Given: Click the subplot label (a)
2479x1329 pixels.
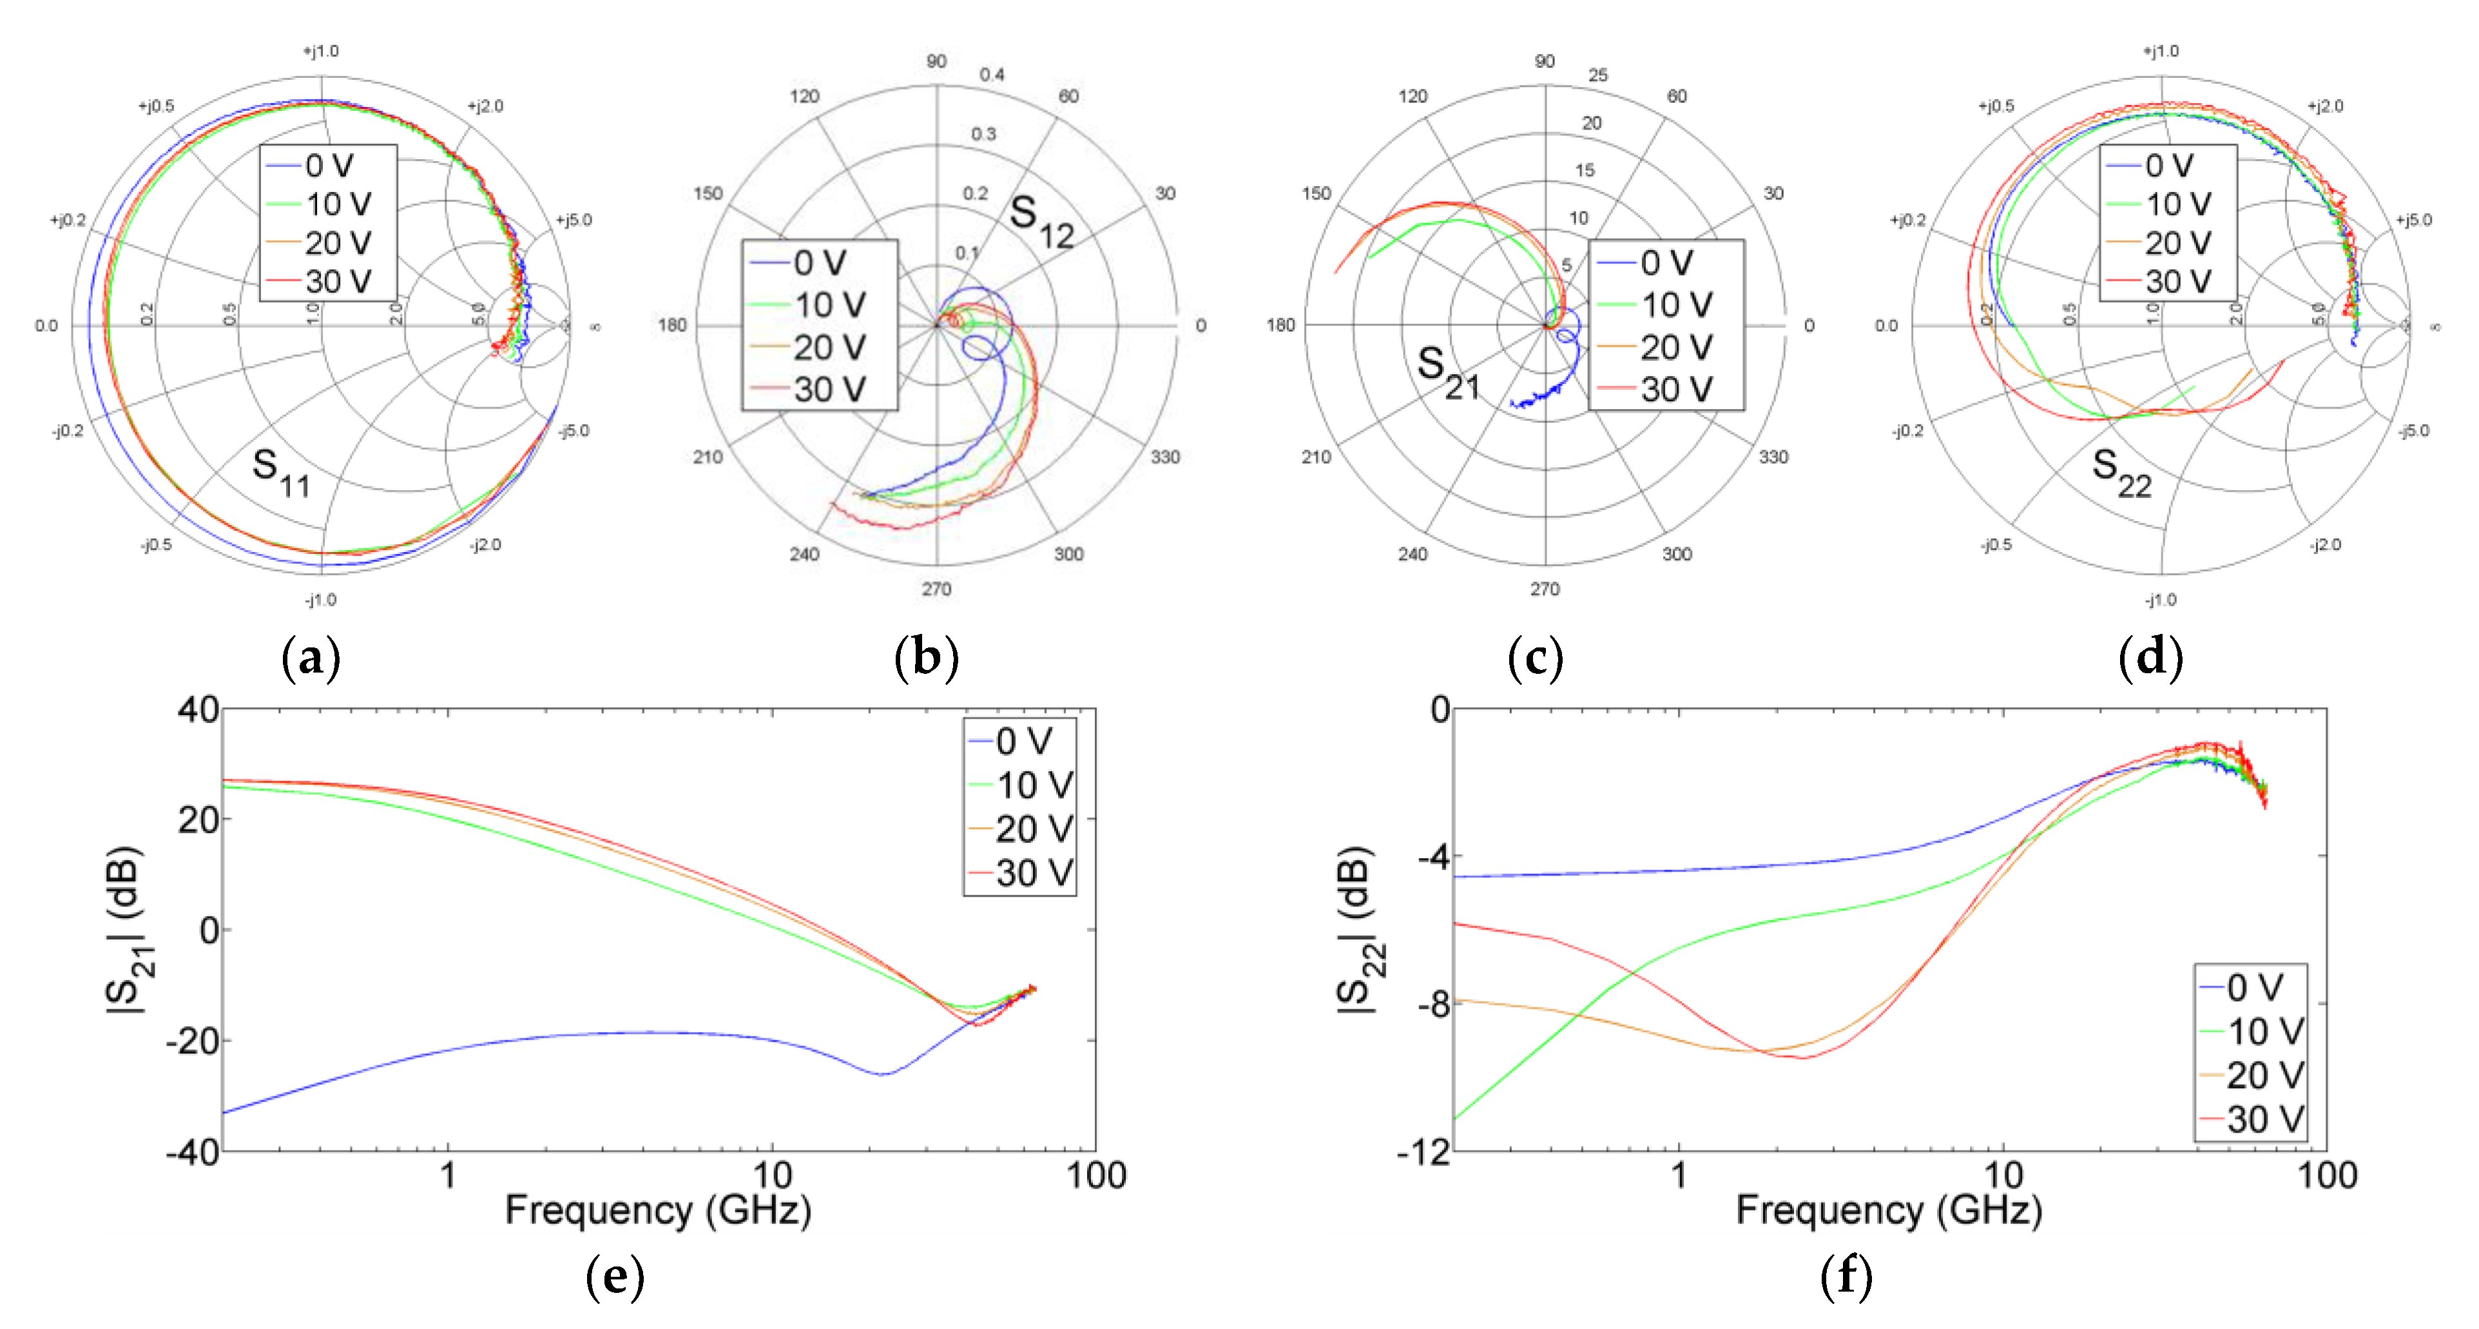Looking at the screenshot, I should pyautogui.click(x=310, y=658).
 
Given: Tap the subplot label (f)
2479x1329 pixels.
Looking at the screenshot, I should pyautogui.click(x=1846, y=1276).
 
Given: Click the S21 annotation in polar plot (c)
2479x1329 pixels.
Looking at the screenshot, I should pyautogui.click(x=1447, y=372).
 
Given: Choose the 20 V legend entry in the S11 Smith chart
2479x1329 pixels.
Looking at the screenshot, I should pyautogui.click(x=327, y=242).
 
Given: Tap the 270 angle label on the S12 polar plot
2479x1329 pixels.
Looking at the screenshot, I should pyautogui.click(x=936, y=589).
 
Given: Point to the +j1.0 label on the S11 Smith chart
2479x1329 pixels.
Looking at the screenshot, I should pyautogui.click(x=322, y=51).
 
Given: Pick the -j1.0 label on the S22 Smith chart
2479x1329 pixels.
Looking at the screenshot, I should pyautogui.click(x=2161, y=600).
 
